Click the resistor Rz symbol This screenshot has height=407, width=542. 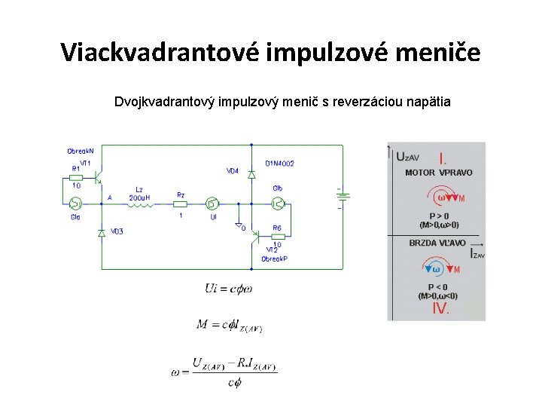point(181,203)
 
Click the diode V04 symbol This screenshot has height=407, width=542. point(252,175)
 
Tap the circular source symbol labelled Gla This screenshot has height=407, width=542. point(75,203)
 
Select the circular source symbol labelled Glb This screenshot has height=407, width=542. point(278,202)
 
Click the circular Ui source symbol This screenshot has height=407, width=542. point(212,203)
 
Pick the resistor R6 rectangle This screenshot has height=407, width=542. point(277,235)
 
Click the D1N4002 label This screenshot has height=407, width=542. point(279,163)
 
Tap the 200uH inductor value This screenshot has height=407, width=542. point(139,197)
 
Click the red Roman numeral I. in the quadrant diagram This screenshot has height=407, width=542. point(443,159)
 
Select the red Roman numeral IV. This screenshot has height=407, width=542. point(441,308)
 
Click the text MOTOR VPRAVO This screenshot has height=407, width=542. point(439,173)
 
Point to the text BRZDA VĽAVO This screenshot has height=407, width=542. point(437,243)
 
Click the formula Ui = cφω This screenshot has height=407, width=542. point(228,288)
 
